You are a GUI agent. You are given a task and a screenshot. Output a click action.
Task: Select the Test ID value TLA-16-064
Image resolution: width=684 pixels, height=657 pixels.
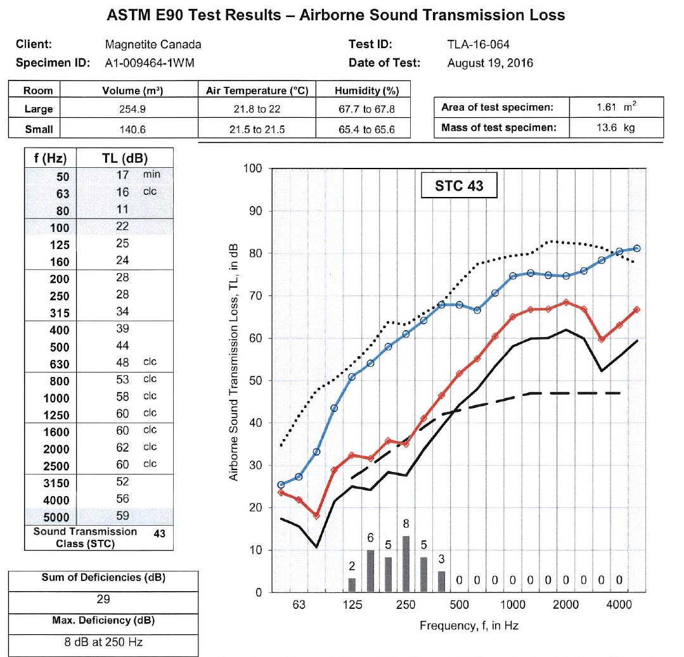click(478, 44)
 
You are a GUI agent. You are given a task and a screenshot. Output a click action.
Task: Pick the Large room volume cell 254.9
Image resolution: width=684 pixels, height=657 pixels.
click(133, 109)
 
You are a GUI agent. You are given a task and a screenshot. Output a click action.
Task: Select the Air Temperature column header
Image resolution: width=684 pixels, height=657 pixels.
click(257, 91)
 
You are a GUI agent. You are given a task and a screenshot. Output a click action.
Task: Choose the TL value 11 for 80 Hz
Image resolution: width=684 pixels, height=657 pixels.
click(122, 209)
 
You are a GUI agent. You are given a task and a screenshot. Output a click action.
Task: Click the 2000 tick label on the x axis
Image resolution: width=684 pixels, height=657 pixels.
click(565, 604)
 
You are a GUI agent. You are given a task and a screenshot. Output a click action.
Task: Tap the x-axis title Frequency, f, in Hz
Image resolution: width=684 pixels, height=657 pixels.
click(468, 625)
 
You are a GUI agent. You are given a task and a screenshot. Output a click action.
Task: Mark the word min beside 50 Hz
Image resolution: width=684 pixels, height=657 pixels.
click(152, 174)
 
